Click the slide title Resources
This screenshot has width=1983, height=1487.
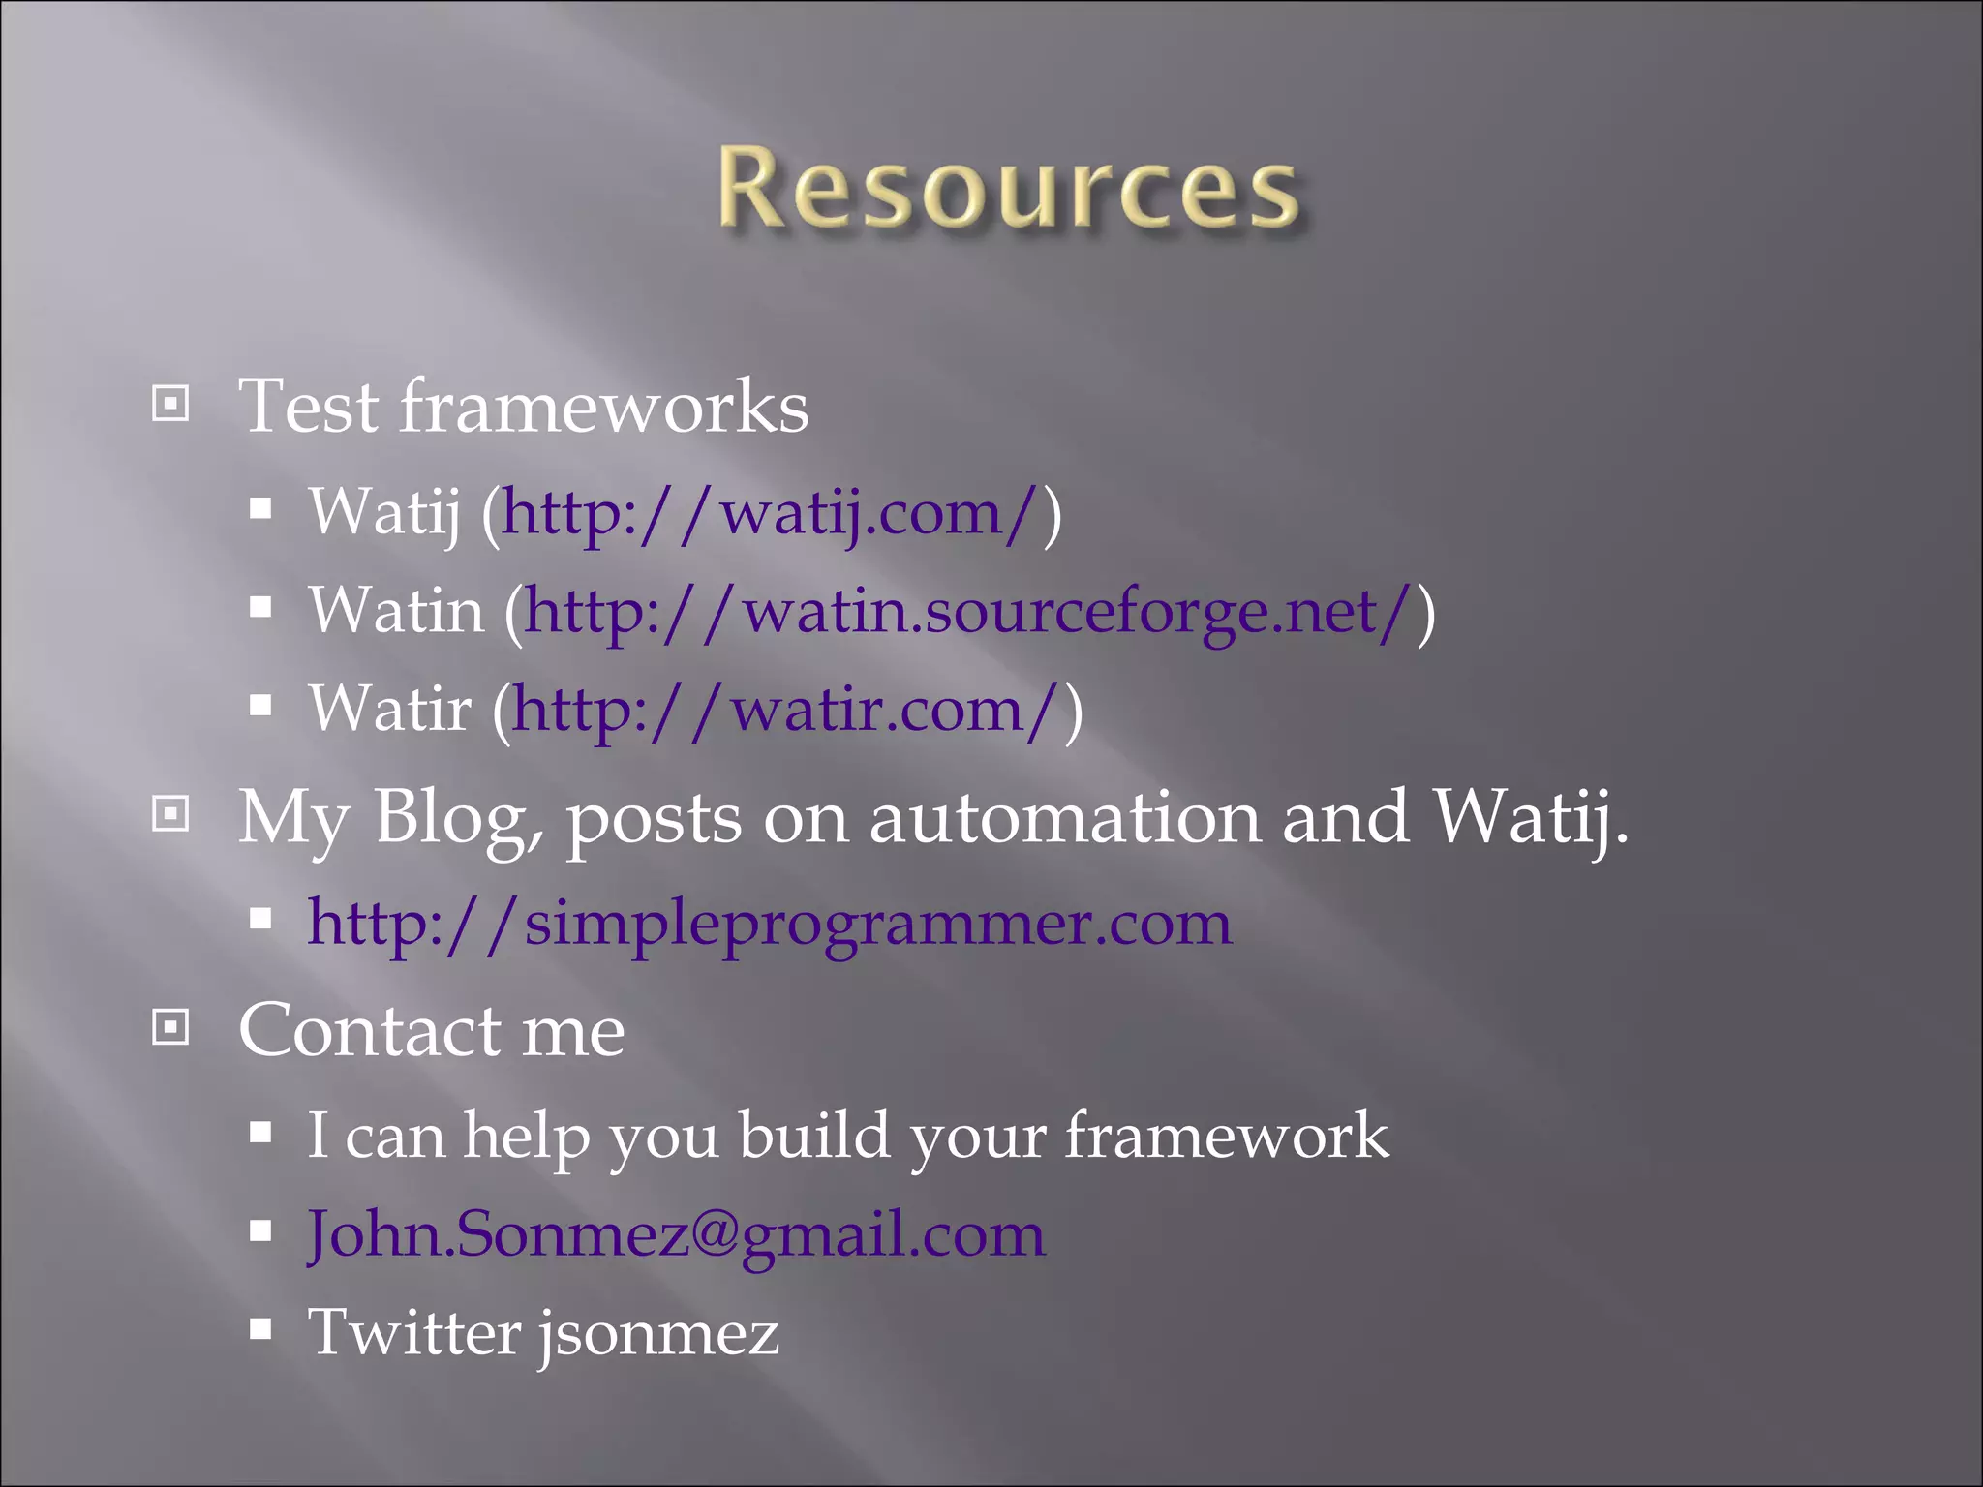[x=1007, y=188]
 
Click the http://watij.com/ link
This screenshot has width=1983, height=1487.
[x=771, y=512]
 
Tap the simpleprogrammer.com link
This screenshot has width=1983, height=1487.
[x=770, y=923]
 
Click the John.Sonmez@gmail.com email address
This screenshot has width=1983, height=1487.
[x=676, y=1234]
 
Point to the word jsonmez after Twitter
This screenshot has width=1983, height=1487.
[x=658, y=1333]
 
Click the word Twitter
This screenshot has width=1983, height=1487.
[x=414, y=1332]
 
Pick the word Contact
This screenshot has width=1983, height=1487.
[x=370, y=1030]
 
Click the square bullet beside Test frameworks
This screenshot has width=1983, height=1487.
[x=171, y=404]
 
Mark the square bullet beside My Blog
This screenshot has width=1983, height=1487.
[x=171, y=814]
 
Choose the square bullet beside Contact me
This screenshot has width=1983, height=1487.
[x=171, y=1027]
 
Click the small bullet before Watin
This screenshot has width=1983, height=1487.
[x=259, y=608]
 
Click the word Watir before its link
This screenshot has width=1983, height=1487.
[x=390, y=710]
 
